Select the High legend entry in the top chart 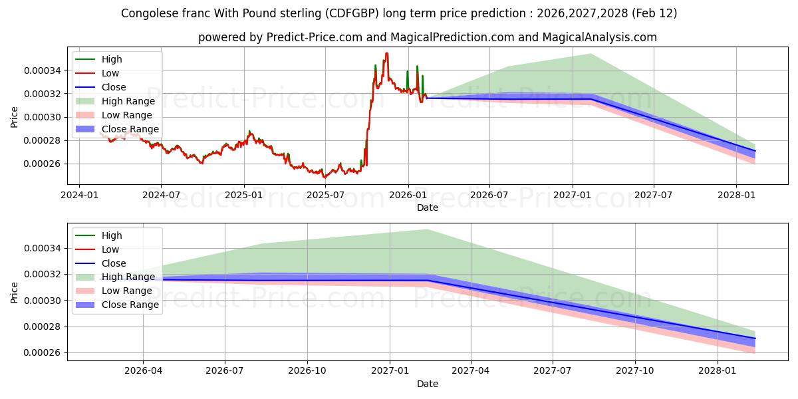click(x=112, y=59)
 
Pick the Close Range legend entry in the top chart click(x=130, y=129)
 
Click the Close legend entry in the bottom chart click(x=114, y=263)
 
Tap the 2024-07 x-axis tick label click(x=162, y=195)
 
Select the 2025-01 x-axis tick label click(x=244, y=195)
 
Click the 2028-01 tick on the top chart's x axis click(x=736, y=195)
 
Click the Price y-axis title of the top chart click(x=15, y=117)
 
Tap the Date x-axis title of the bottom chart click(x=428, y=384)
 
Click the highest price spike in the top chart click(x=387, y=54)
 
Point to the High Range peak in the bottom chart click(x=427, y=230)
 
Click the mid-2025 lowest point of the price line click(x=325, y=177)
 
